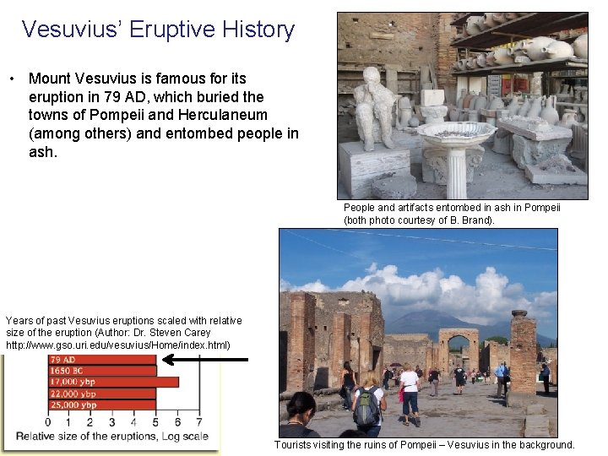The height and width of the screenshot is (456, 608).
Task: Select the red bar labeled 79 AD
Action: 101,360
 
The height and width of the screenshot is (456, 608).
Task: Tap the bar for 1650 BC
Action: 101,371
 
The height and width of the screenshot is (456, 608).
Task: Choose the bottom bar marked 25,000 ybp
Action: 101,404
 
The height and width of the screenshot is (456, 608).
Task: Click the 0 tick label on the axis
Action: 47,421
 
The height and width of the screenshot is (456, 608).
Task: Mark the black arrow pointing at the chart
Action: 205,359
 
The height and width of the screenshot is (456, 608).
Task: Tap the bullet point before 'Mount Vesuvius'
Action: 14,79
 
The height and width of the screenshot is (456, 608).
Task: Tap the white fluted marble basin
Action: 456,135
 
